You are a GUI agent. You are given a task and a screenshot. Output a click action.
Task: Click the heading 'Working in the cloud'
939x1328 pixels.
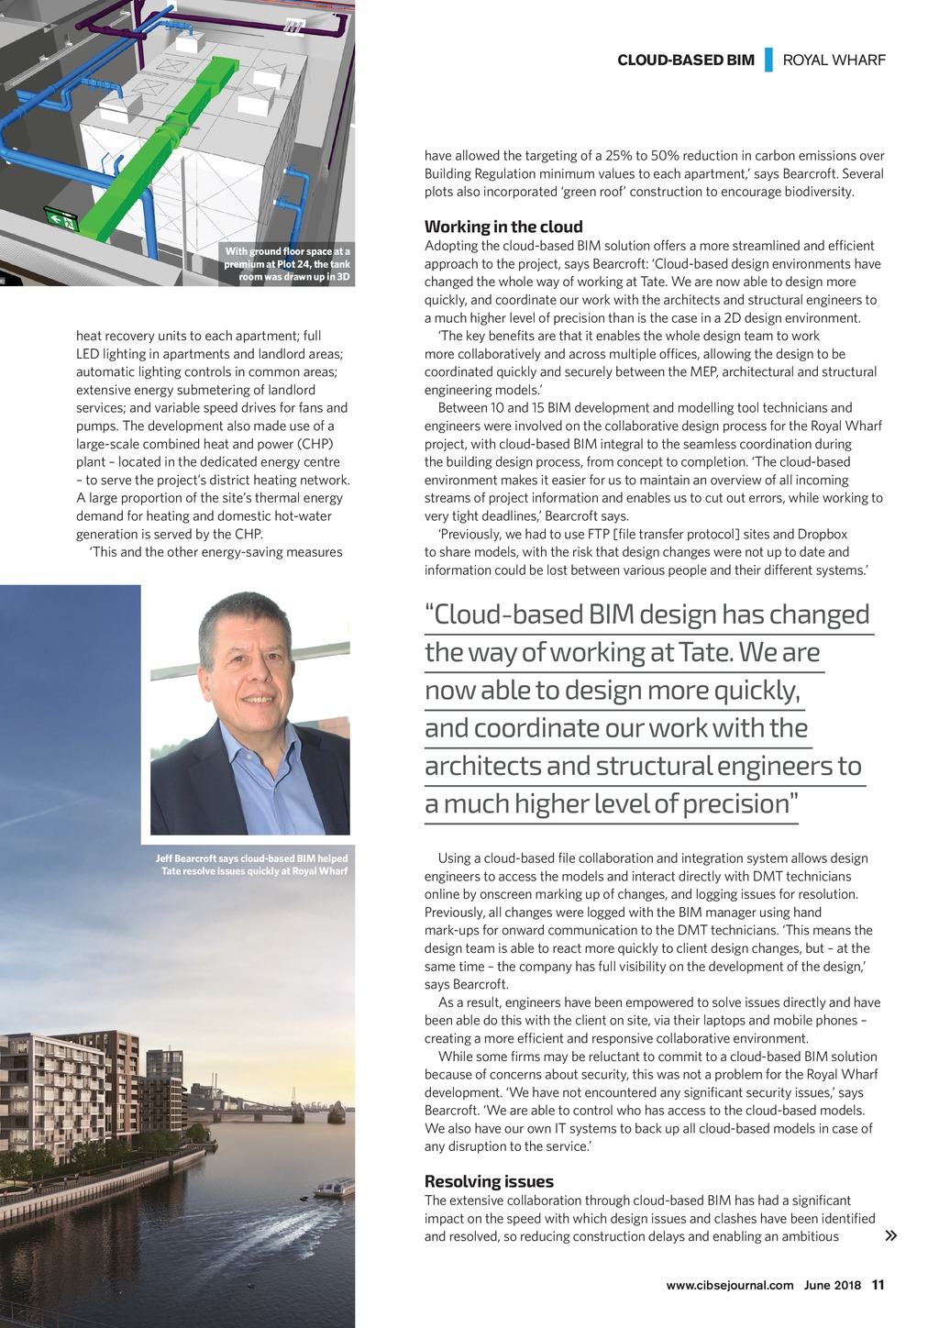pyautogui.click(x=503, y=227)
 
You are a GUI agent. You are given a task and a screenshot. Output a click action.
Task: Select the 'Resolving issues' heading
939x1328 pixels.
pyautogui.click(x=489, y=1181)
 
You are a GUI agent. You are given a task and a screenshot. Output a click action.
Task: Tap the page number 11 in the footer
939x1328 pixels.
pyautogui.click(x=878, y=1285)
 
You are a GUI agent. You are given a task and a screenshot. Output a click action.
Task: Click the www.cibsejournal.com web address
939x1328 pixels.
pyautogui.click(x=729, y=1285)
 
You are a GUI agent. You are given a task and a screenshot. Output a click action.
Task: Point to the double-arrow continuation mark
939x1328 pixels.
pyautogui.click(x=890, y=1235)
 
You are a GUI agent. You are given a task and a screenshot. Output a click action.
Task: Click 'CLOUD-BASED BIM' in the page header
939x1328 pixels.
pyautogui.click(x=686, y=61)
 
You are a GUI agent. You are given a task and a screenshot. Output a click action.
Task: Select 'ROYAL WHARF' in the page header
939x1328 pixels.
pyautogui.click(x=834, y=61)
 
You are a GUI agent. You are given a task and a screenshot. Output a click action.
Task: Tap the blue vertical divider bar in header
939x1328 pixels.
pyautogui.click(x=768, y=60)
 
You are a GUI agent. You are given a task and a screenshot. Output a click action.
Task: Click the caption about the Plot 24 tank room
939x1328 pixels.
pyautogui.click(x=287, y=264)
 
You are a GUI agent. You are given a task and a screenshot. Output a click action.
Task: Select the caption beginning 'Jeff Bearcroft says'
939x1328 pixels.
pyautogui.click(x=252, y=865)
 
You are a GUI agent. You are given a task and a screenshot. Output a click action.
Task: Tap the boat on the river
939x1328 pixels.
pyautogui.click(x=334, y=1189)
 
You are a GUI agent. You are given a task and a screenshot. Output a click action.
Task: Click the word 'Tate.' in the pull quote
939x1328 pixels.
pyautogui.click(x=705, y=652)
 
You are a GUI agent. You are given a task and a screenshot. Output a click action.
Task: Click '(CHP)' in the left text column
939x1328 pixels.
pyautogui.click(x=312, y=444)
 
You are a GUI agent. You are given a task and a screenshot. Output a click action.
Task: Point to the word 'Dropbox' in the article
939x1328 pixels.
pyautogui.click(x=822, y=534)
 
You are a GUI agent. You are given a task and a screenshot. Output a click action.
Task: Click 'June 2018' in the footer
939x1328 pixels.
pyautogui.click(x=832, y=1285)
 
